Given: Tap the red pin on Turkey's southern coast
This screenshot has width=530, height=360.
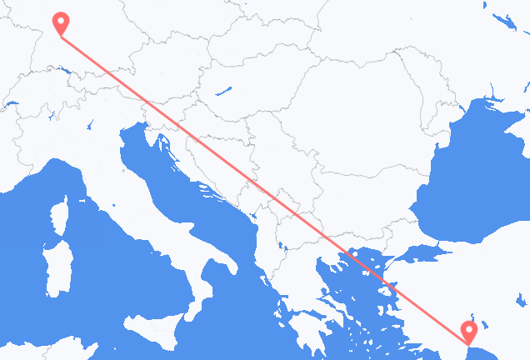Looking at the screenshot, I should (x=469, y=332).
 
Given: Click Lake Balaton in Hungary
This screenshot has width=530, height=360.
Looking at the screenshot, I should (x=222, y=89).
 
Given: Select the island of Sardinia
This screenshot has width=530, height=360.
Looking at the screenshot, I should (x=57, y=267).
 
